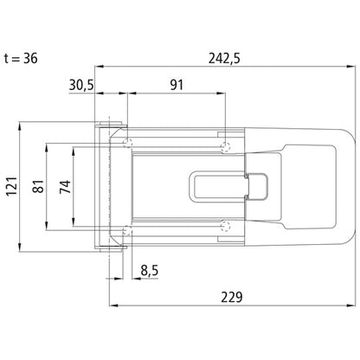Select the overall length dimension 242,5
[x=224, y=57]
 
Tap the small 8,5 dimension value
[x=149, y=270]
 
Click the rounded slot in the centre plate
[x=216, y=185]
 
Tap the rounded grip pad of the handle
[x=316, y=185]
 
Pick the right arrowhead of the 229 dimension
[x=350, y=305]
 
